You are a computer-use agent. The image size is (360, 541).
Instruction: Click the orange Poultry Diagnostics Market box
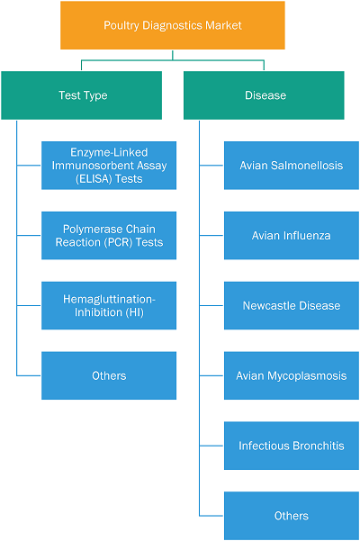[x=173, y=25]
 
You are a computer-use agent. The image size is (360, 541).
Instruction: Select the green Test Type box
[x=81, y=95]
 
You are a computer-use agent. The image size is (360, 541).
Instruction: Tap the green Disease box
[x=264, y=95]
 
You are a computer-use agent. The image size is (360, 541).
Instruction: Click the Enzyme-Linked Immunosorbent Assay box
[x=109, y=166]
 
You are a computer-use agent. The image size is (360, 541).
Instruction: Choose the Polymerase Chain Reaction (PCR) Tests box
[x=109, y=235]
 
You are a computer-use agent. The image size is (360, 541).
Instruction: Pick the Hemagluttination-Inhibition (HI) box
[x=109, y=305]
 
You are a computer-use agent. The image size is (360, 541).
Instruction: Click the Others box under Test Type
[x=109, y=375]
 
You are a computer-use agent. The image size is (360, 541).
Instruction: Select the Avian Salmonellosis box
[x=292, y=166]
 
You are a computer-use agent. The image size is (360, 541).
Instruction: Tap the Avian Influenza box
[x=292, y=235]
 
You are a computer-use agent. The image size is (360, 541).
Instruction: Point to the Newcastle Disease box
[x=292, y=305]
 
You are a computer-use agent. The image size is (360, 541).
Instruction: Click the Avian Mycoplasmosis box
[x=292, y=375]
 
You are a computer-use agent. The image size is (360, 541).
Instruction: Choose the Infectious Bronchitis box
[x=292, y=446]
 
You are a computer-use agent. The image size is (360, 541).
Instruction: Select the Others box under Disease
[x=292, y=516]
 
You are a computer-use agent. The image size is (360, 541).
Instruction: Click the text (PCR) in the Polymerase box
[x=119, y=242]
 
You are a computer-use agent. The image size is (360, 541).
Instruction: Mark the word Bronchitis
[x=319, y=446]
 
